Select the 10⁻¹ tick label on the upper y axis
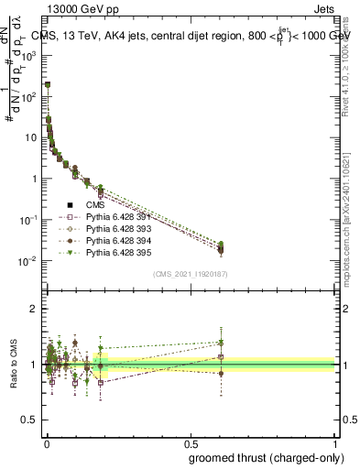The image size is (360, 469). click(x=27, y=220)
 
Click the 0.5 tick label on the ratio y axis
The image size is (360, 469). click(x=29, y=420)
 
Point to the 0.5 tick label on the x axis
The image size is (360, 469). click(x=190, y=443)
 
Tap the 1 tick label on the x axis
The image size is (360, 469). click(x=335, y=443)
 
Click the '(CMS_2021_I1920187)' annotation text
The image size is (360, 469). click(x=190, y=274)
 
